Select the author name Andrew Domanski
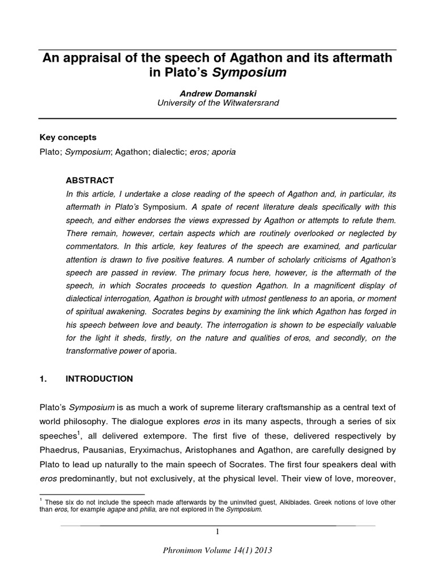click(x=217, y=93)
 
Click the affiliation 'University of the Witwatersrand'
click(x=217, y=103)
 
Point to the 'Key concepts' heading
click(x=67, y=138)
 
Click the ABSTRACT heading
click(x=91, y=181)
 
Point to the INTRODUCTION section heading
click(x=99, y=379)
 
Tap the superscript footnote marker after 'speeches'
click(x=78, y=433)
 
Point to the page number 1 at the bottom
click(x=217, y=532)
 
